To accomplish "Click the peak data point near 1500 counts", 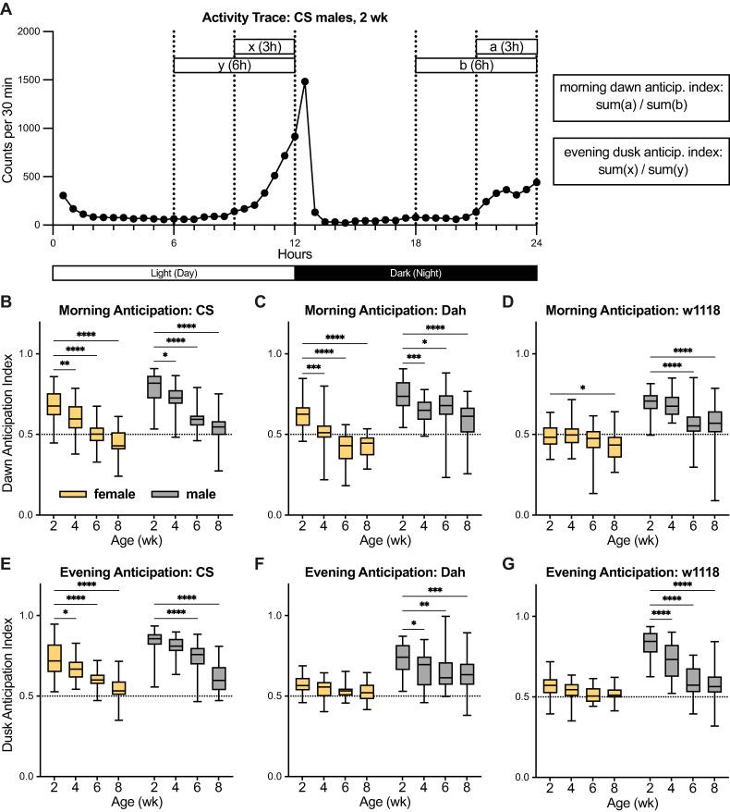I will (x=304, y=81).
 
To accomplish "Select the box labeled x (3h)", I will (x=264, y=47).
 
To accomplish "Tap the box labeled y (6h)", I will (x=234, y=65).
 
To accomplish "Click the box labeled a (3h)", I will (x=505, y=47).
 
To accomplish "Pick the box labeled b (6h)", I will (x=476, y=65).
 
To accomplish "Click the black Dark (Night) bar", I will (x=415, y=273).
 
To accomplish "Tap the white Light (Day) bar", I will (x=174, y=273).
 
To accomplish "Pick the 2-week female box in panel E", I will (x=54, y=658).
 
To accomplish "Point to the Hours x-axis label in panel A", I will (x=295, y=252).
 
